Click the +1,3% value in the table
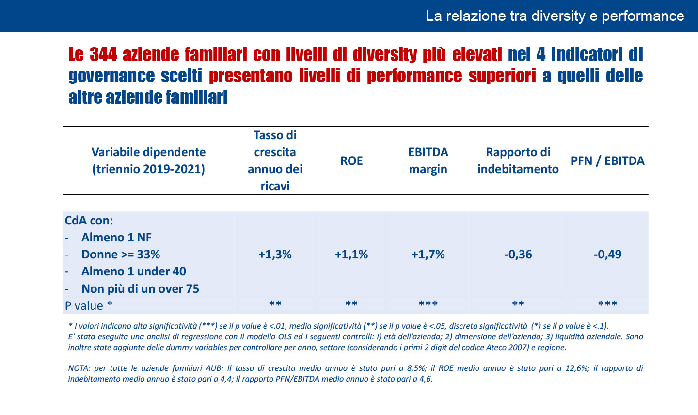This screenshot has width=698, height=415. (x=275, y=255)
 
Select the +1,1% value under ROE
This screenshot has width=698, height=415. (x=351, y=255)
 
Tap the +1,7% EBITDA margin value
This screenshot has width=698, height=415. (x=428, y=255)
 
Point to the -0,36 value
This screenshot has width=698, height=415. (x=518, y=255)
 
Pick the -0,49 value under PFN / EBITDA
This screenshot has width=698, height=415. (x=607, y=255)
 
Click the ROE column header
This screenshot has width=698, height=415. (x=351, y=161)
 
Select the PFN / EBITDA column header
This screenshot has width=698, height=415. (x=607, y=161)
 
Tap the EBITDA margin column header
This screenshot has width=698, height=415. (x=428, y=160)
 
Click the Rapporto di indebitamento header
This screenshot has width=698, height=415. (x=518, y=160)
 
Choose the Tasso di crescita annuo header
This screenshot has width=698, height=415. (x=275, y=160)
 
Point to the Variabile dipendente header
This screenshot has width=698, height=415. (x=148, y=160)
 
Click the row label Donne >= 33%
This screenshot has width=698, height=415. (x=121, y=255)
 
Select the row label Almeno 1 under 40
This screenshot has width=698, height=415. (x=134, y=271)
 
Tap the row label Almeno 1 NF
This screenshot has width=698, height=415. (x=116, y=238)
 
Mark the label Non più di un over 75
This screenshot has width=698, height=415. (x=140, y=289)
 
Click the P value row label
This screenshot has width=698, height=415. (x=89, y=306)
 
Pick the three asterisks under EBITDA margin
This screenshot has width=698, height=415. (x=428, y=304)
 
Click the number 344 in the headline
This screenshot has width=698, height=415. (x=103, y=55)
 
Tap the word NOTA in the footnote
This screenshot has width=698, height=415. (x=79, y=368)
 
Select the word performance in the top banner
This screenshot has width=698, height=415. (x=643, y=16)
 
